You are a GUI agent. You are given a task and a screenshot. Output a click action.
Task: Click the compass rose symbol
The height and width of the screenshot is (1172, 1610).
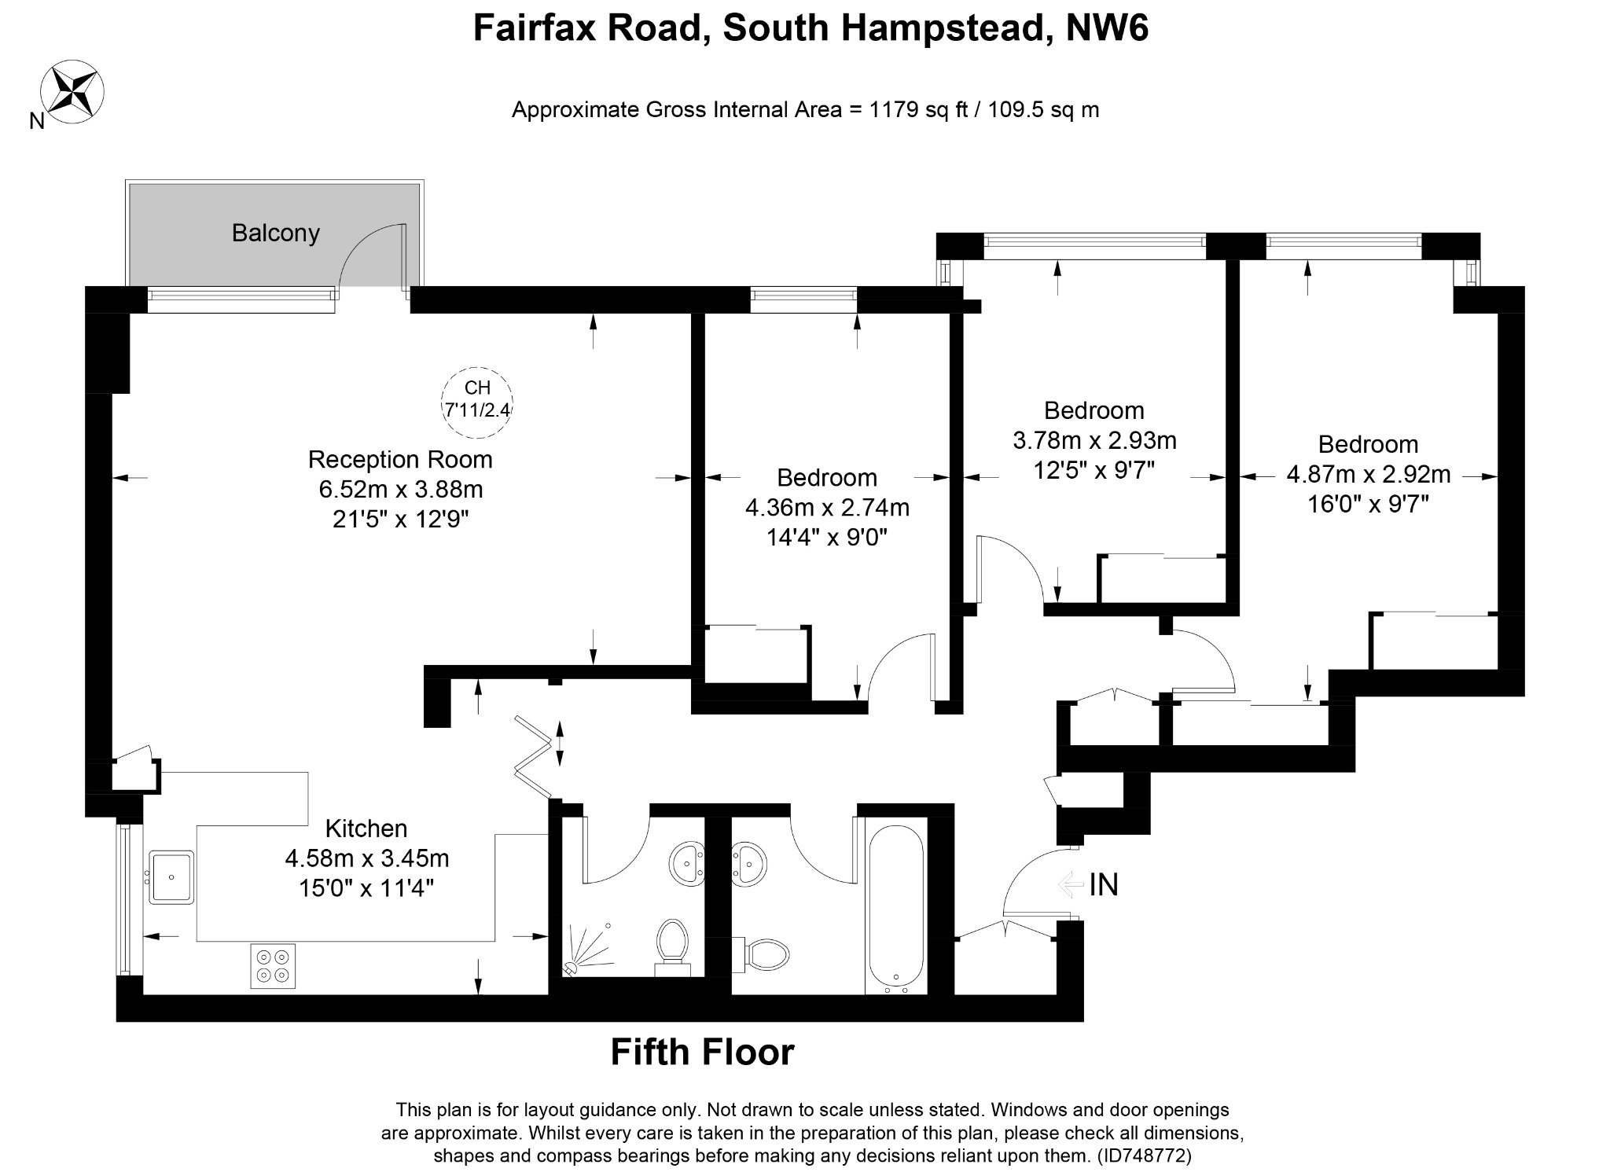click(72, 90)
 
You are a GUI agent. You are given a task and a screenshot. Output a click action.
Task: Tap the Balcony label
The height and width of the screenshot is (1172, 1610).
click(275, 233)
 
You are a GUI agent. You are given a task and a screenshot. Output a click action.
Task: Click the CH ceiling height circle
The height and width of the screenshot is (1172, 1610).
click(477, 402)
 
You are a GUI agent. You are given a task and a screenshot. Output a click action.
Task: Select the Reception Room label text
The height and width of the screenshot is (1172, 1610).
click(400, 459)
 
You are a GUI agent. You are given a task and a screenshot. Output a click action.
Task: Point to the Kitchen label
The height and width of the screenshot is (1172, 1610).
click(366, 828)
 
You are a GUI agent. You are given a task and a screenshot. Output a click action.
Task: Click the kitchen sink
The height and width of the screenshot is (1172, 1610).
click(171, 876)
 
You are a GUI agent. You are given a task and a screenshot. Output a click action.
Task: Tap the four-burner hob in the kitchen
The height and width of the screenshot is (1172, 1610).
click(273, 965)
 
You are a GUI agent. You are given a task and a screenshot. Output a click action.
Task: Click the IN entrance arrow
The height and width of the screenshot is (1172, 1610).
click(1071, 885)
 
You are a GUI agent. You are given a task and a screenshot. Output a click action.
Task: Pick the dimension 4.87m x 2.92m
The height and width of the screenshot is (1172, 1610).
click(1368, 475)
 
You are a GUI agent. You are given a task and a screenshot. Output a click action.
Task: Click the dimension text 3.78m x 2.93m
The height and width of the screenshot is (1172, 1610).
click(1094, 440)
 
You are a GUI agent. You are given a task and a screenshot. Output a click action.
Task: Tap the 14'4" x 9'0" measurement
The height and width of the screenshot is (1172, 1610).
click(827, 538)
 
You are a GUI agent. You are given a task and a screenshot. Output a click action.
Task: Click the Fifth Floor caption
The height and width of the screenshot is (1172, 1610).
click(703, 1052)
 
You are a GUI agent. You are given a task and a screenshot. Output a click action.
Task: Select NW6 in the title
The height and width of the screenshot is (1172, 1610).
click(1107, 28)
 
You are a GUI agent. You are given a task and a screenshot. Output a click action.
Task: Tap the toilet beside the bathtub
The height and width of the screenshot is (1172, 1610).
click(760, 953)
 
